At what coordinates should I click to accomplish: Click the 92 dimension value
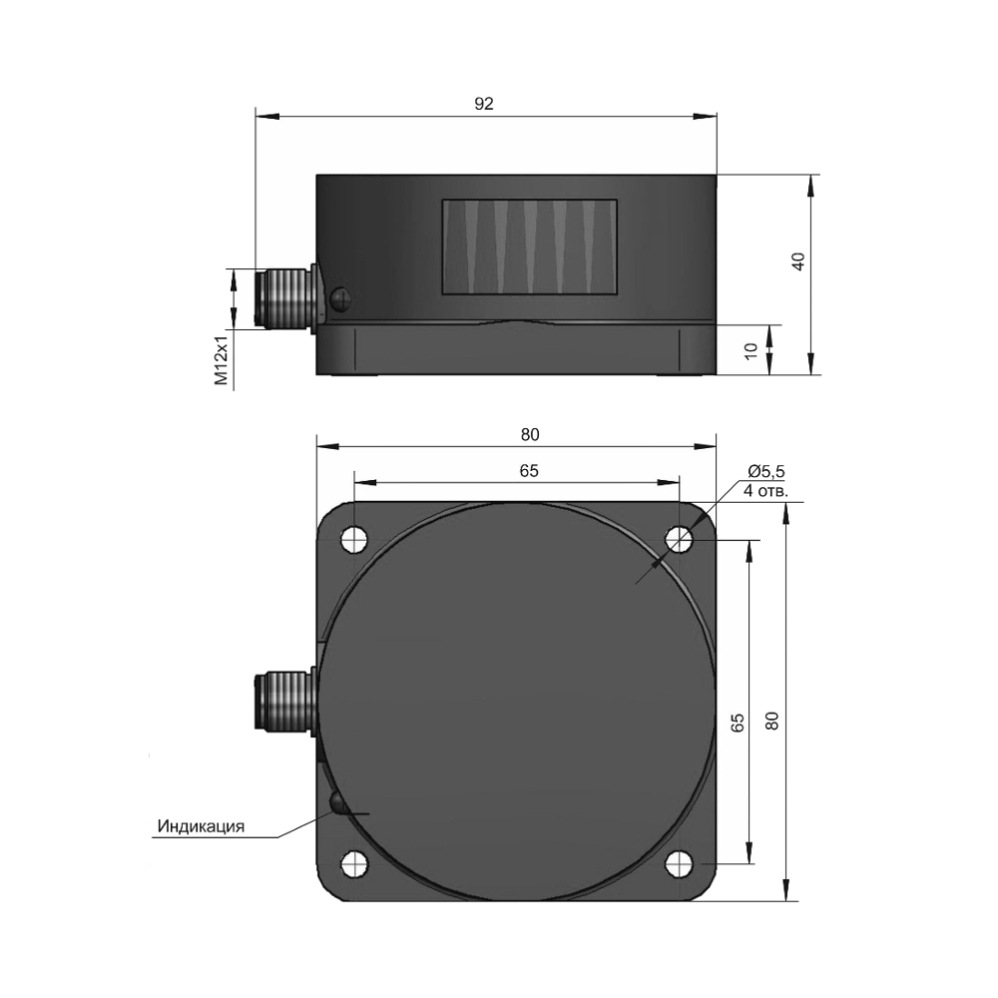(484, 104)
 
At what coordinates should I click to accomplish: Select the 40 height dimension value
(798, 261)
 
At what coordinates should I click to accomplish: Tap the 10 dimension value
(751, 349)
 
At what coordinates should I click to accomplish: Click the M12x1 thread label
(221, 361)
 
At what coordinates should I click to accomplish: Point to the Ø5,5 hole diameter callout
(766, 472)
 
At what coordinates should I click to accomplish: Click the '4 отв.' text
(766, 491)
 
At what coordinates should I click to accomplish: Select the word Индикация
(202, 826)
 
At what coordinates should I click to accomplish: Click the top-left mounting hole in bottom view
(354, 540)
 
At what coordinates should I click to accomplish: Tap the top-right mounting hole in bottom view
(679, 540)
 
